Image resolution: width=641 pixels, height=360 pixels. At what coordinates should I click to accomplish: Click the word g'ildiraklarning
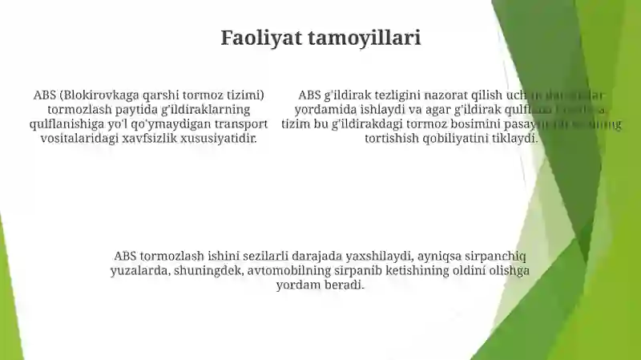click(x=206, y=109)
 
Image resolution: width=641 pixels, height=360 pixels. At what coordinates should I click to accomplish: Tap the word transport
click(x=240, y=123)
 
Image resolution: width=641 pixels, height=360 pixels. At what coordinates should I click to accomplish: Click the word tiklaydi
click(x=514, y=138)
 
